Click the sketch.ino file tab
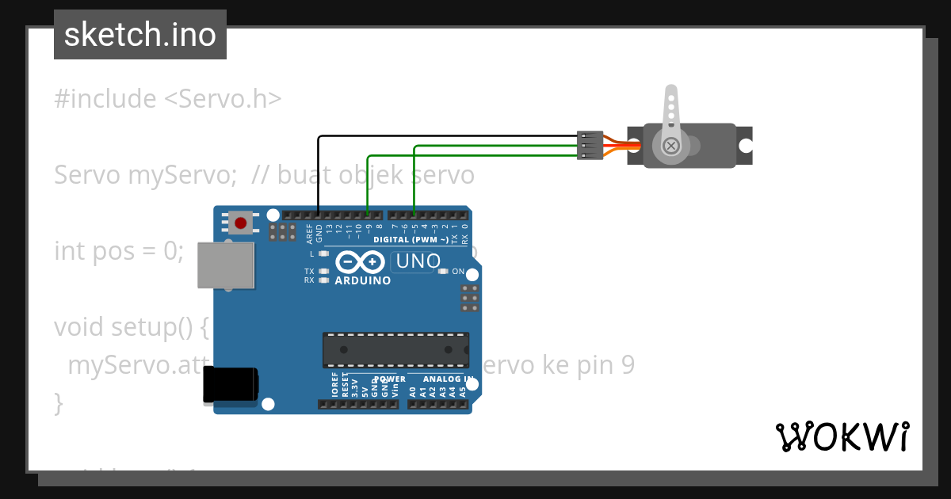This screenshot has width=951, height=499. point(140,35)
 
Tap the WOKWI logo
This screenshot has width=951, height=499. point(842,436)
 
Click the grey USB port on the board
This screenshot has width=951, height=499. point(226,265)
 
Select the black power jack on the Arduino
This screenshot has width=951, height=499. point(230,384)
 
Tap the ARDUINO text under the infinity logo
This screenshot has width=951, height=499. point(362,280)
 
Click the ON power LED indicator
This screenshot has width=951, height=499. point(444,272)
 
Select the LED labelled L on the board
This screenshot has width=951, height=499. point(323,254)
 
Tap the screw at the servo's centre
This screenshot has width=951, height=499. point(671,146)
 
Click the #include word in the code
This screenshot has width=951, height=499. point(105,99)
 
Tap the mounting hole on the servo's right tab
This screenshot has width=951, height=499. point(745,146)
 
